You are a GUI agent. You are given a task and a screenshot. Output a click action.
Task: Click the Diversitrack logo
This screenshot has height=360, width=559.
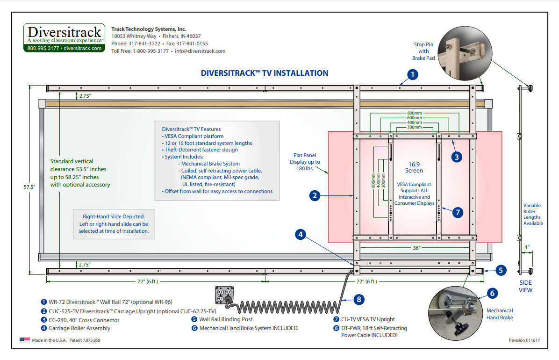(x=64, y=37)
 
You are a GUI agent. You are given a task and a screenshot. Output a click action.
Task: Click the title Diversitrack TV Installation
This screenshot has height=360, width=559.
(x=264, y=73)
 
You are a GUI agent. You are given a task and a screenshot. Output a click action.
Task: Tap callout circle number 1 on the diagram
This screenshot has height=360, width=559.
(x=412, y=74)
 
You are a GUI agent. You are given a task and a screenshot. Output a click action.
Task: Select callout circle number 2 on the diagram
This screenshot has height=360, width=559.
(x=315, y=196)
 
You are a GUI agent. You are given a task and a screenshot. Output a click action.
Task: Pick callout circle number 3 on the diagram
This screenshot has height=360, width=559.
(x=457, y=157)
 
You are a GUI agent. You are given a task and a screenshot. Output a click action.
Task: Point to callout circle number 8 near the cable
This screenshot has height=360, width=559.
(x=358, y=299)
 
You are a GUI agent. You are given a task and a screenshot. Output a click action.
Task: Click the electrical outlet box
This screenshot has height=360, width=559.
(x=224, y=296)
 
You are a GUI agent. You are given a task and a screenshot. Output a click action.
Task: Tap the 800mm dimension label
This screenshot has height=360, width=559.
(x=414, y=113)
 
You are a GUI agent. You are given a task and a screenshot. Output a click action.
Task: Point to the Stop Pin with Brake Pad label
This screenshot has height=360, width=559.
(x=423, y=51)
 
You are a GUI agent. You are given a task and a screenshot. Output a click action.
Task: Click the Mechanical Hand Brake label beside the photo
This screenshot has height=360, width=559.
(x=500, y=314)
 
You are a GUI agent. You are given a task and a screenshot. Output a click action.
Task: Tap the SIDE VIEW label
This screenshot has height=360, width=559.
(x=526, y=286)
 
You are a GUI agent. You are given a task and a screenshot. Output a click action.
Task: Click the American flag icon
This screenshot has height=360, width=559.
(x=25, y=340)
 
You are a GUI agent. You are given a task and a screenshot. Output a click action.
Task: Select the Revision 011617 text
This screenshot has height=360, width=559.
(x=524, y=340)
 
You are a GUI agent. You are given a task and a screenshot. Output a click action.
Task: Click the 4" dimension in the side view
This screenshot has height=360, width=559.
(x=526, y=246)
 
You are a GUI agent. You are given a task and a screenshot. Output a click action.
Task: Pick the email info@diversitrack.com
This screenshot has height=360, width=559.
(x=200, y=51)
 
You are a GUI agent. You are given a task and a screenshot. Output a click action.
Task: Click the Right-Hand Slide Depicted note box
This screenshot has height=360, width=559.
(x=114, y=224)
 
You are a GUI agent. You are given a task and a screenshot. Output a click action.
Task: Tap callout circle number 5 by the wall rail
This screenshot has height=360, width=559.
(x=500, y=270)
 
